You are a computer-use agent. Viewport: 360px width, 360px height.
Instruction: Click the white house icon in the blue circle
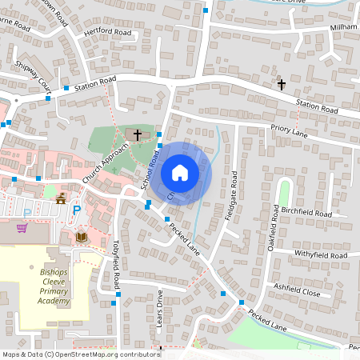[x=180, y=173]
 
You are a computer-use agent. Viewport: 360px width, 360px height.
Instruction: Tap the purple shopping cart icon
[x=22, y=228]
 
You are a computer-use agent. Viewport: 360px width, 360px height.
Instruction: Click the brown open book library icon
[x=81, y=237]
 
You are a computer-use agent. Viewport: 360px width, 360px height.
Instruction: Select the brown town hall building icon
[x=61, y=197]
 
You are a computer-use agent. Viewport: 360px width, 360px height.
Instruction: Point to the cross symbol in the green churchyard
[x=138, y=134]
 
